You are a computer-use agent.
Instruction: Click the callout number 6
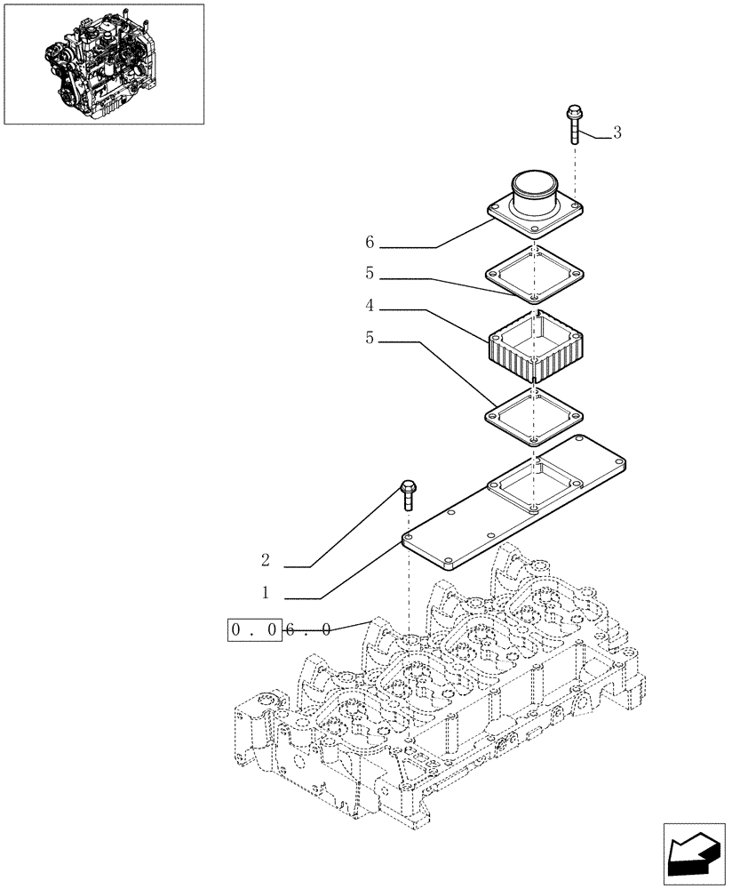point(369,242)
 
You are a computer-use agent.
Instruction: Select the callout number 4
point(369,306)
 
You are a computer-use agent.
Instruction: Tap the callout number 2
point(265,561)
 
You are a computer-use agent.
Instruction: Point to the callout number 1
point(265,592)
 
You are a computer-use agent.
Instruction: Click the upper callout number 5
point(369,274)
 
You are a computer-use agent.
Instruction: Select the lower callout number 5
point(369,338)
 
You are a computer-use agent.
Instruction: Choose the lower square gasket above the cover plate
point(534,415)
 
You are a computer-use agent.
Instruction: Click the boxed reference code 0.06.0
point(281,629)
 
